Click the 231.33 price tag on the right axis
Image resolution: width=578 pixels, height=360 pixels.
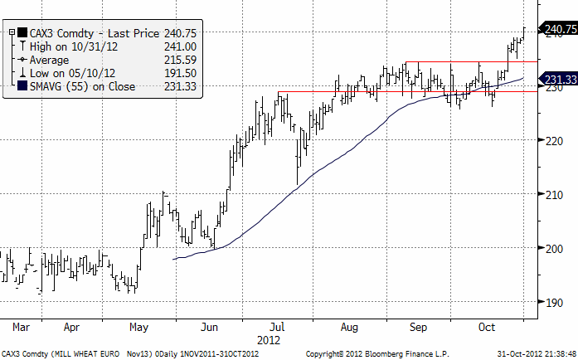click(x=558, y=81)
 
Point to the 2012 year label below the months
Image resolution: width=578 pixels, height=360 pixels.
click(x=270, y=339)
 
